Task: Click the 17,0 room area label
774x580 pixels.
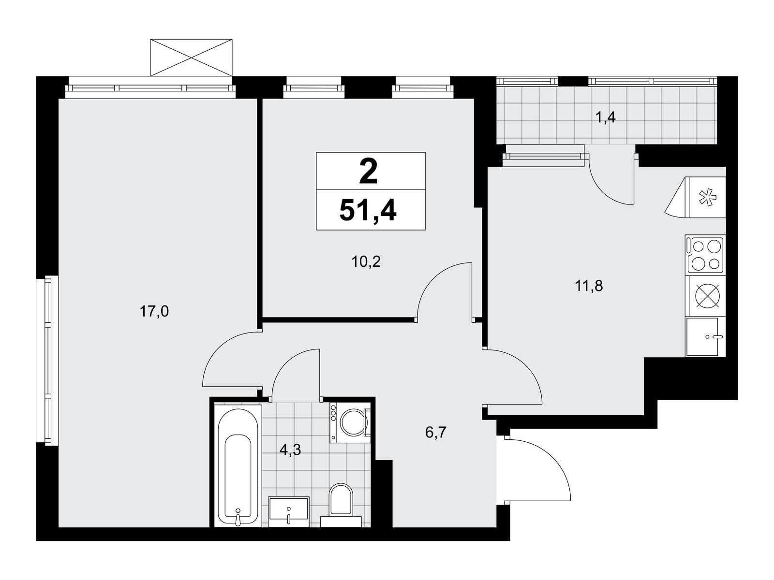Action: pos(154,312)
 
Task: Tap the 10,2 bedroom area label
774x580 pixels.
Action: pos(366,261)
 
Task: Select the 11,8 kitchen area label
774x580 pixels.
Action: pos(589,286)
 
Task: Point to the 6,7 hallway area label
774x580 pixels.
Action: pos(436,432)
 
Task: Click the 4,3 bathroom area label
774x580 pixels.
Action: pos(290,449)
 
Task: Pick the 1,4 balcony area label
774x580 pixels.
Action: pos(606,117)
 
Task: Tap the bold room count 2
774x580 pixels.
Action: pos(368,171)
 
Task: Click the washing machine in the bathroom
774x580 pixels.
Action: pos(350,422)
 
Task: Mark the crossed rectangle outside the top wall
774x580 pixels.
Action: pos(192,58)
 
